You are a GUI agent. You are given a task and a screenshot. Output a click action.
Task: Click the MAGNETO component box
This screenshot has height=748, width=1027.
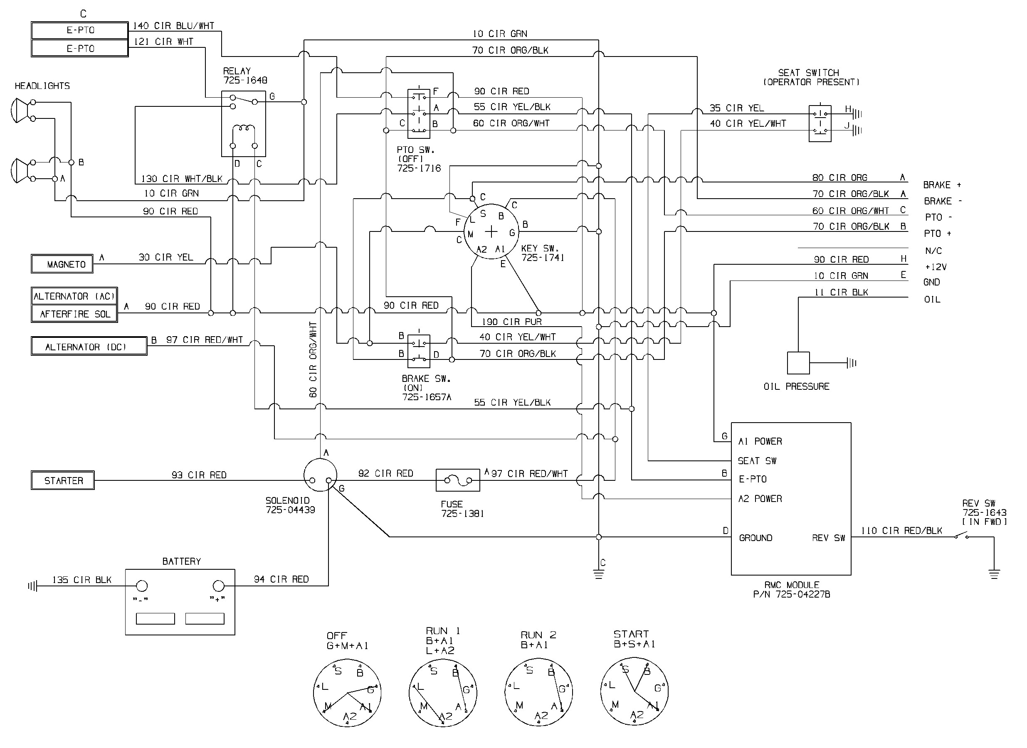click(62, 264)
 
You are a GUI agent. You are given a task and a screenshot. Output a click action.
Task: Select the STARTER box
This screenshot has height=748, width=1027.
click(62, 480)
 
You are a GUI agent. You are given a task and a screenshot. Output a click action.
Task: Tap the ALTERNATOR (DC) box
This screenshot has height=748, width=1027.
click(89, 347)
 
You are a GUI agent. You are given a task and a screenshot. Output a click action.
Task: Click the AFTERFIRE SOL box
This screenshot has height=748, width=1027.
click(74, 314)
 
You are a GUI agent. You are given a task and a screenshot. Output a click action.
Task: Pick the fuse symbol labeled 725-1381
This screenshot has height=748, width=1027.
click(457, 480)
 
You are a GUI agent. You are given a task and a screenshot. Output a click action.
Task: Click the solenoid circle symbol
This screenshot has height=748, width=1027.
click(320, 475)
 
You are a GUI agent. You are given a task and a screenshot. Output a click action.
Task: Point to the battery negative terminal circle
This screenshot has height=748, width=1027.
click(142, 586)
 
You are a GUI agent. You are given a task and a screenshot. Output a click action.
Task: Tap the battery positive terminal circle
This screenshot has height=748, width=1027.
click(219, 586)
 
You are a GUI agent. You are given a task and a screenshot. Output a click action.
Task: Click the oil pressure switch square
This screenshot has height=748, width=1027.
click(798, 363)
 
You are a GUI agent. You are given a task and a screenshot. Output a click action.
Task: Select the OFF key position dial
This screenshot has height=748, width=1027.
click(347, 693)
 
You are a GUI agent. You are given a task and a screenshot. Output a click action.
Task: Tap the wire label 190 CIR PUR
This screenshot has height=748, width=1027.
click(511, 322)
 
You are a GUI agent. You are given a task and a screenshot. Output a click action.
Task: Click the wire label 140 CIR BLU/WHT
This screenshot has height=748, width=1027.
click(173, 26)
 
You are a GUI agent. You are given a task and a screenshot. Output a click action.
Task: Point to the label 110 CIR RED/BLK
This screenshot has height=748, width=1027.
click(901, 531)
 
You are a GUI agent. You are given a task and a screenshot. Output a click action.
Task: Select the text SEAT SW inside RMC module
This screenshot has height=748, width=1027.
click(757, 461)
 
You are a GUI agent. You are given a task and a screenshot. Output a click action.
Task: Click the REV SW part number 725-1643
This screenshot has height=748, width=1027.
click(984, 512)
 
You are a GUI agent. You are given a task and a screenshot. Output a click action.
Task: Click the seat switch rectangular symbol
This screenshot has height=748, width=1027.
click(820, 123)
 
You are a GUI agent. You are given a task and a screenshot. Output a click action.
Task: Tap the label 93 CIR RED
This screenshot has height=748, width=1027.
click(199, 475)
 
